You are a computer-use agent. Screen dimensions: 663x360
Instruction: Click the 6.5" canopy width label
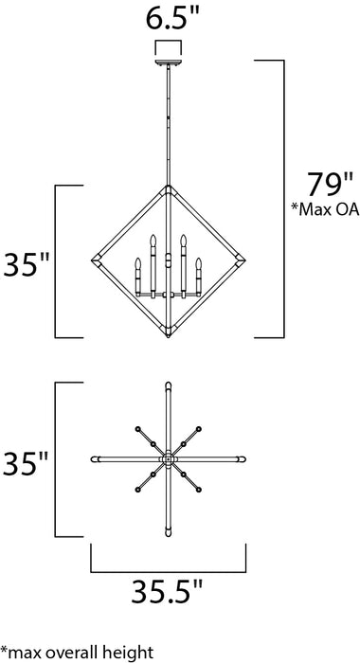pos(168,19)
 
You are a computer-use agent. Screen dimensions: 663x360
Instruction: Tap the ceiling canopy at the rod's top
pos(168,62)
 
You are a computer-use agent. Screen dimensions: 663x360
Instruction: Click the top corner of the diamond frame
pos(168,188)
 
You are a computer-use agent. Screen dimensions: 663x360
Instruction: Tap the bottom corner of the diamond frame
pos(168,338)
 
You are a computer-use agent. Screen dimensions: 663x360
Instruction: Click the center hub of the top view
pos(168,459)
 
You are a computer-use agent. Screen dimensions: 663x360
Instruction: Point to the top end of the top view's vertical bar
pos(168,385)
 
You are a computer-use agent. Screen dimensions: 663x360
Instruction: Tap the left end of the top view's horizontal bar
pos(93,459)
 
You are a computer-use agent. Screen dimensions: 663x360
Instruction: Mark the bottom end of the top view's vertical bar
pos(168,535)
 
